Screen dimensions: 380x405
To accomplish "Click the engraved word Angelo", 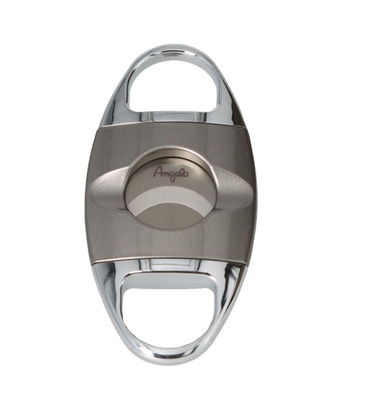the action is coord(171,173).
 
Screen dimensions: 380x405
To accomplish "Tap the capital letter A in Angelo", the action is coord(158,172).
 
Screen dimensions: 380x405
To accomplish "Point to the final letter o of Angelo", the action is coord(186,173).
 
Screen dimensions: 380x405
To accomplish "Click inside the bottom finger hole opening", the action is coord(169,305).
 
